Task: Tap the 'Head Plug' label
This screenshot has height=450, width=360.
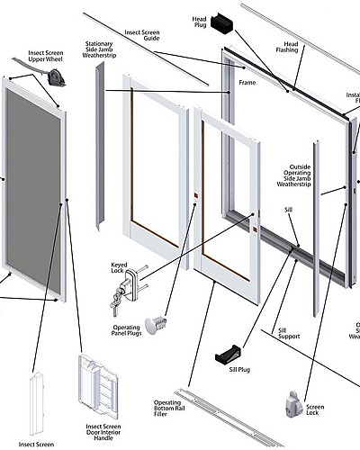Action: (x=199, y=22)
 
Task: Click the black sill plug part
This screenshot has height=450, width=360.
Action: (x=231, y=355)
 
